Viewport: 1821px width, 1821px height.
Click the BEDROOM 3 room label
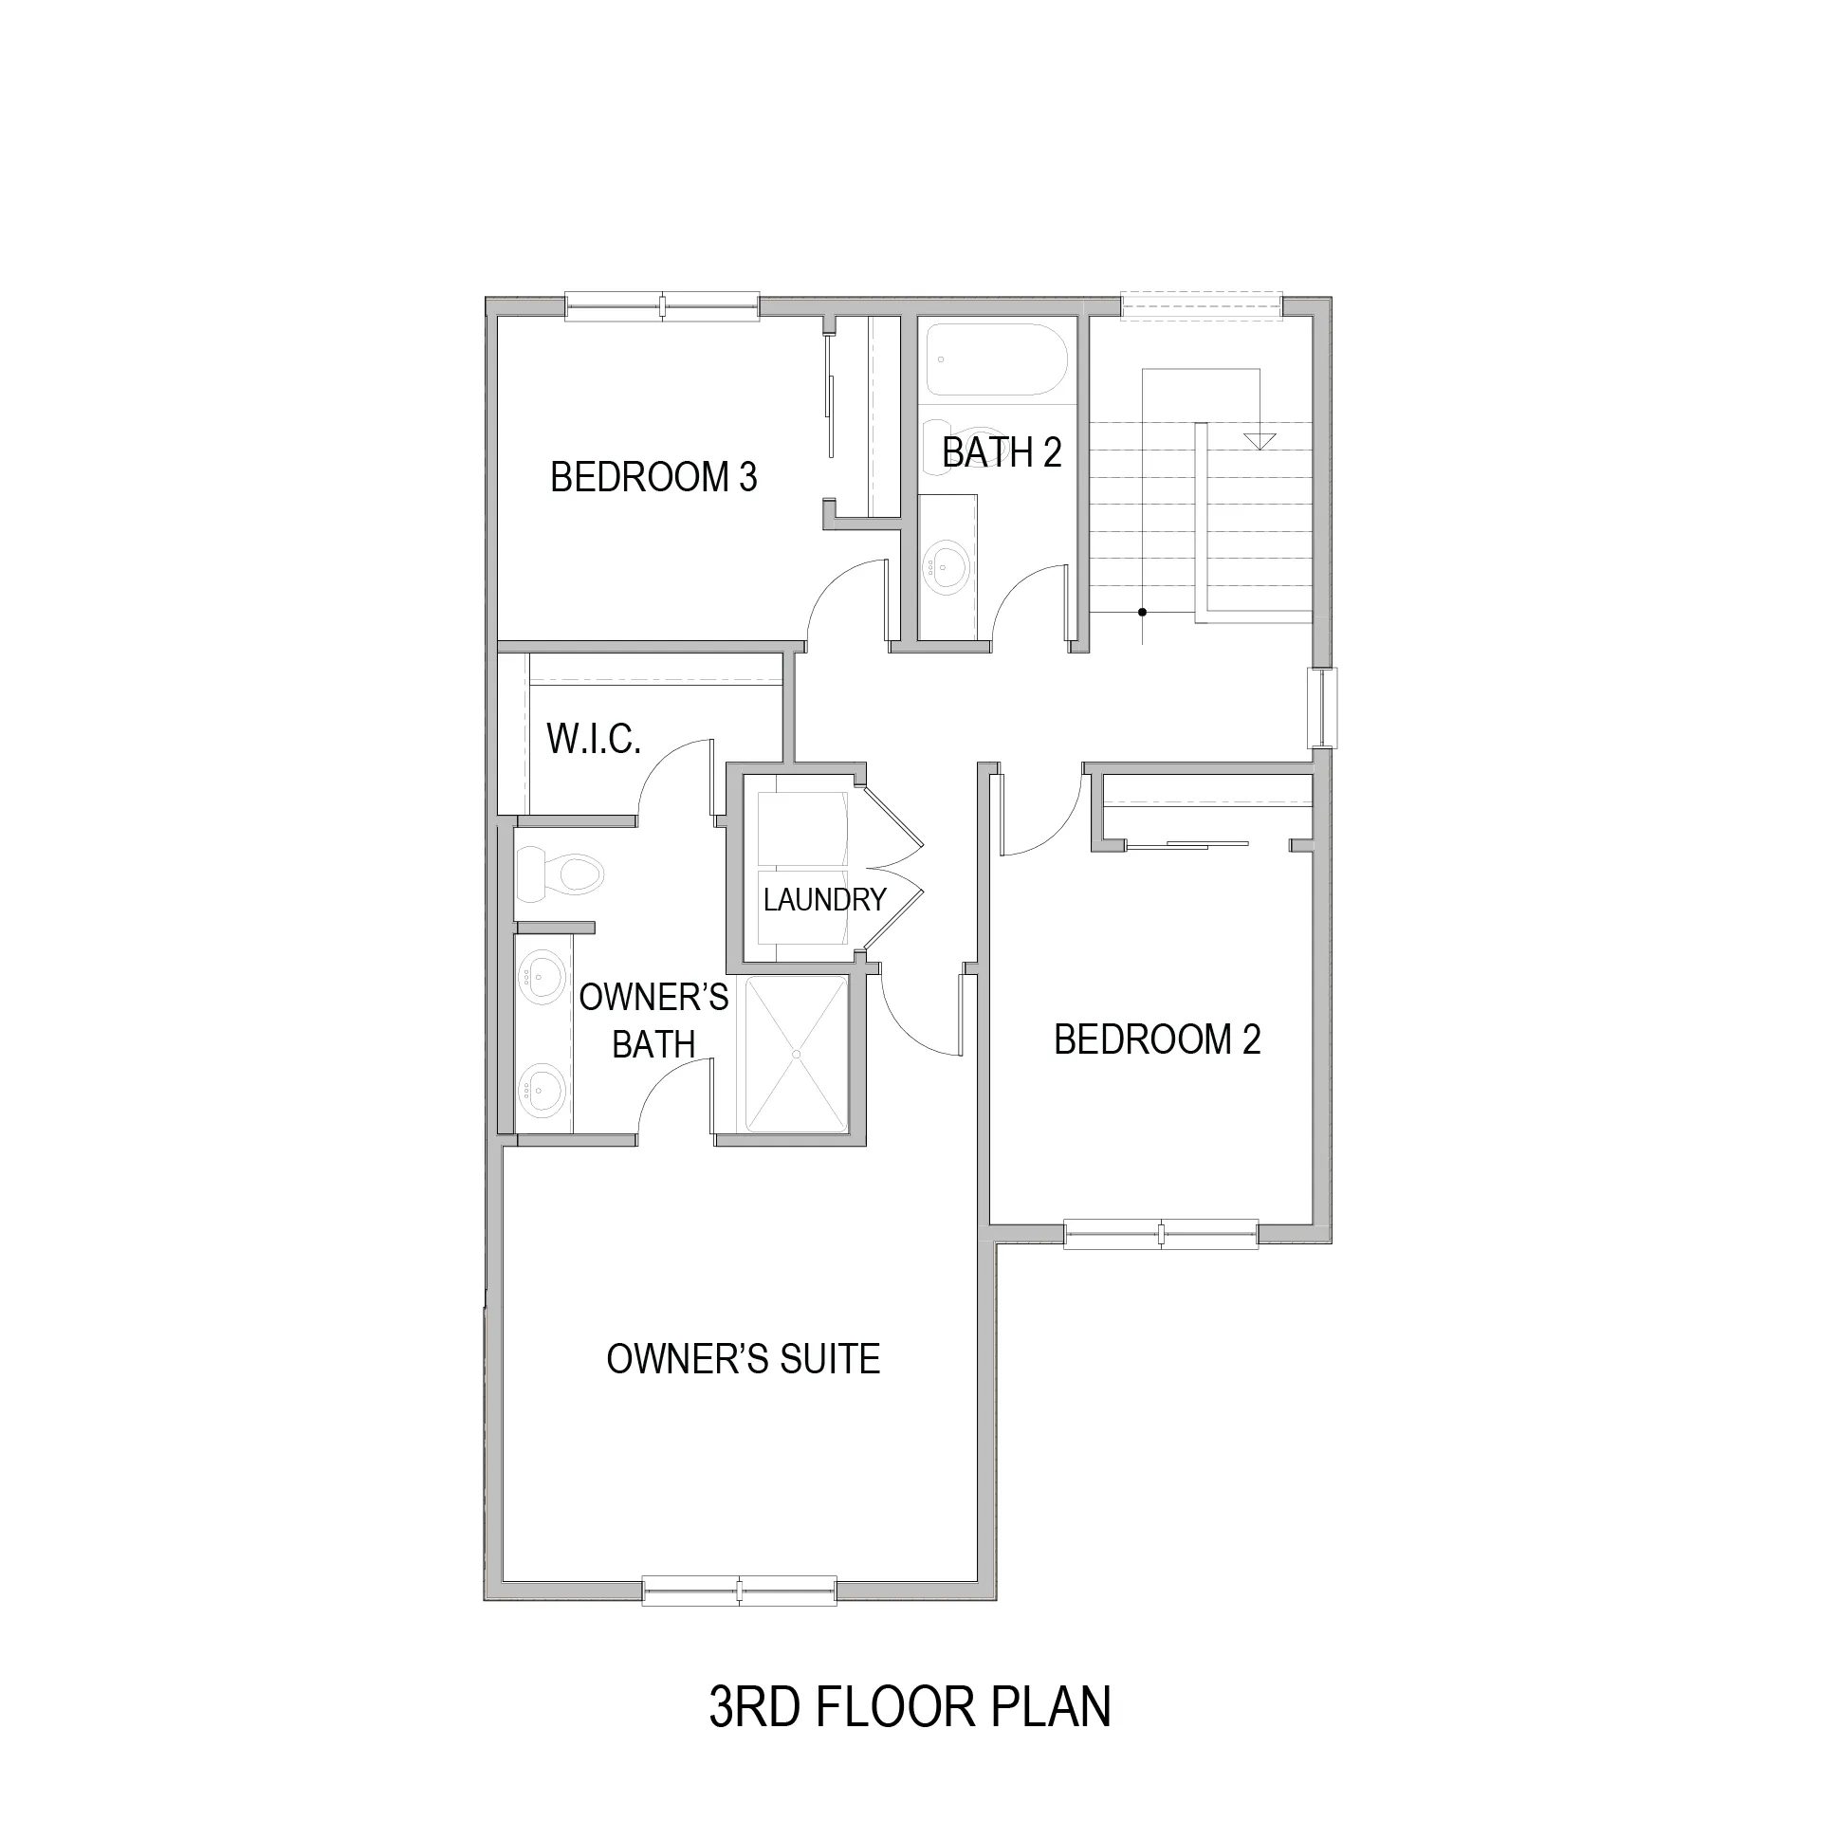click(653, 477)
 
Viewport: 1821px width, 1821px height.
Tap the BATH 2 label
click(1002, 452)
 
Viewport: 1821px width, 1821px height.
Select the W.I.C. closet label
click(594, 738)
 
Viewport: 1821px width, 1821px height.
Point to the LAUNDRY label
click(824, 899)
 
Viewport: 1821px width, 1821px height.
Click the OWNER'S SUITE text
click(744, 1359)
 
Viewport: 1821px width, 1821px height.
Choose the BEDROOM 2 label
click(1157, 1039)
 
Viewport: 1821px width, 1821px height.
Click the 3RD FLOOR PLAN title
click(910, 1706)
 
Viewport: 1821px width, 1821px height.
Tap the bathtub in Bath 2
click(997, 360)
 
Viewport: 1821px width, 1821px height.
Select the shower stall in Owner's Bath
click(797, 1054)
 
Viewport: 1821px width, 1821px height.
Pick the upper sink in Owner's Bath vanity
click(542, 975)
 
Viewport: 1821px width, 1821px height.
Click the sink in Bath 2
click(947, 567)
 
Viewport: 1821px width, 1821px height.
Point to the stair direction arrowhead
click(1260, 442)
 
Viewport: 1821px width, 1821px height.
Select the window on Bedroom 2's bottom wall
click(1161, 1233)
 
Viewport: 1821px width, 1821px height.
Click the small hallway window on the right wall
click(1321, 708)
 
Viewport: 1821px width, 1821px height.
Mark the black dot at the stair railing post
click(1143, 612)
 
